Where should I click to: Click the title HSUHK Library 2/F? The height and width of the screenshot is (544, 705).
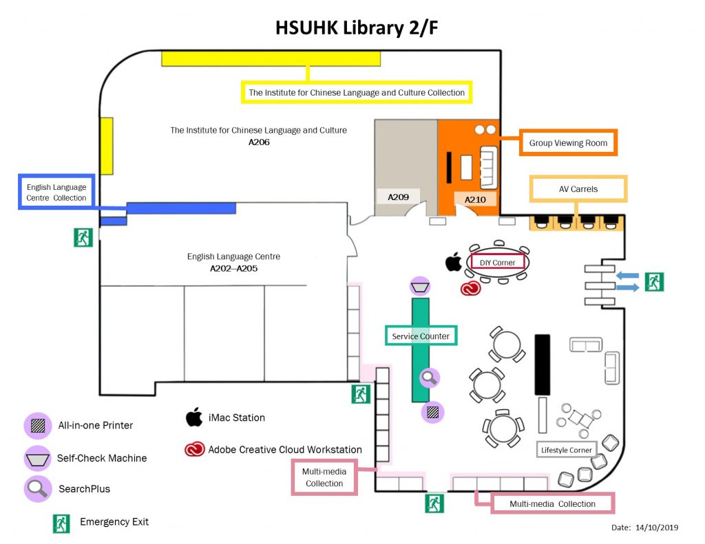[352, 28]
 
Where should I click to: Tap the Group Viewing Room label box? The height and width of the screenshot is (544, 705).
[568, 143]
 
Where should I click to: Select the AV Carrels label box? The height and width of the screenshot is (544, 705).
[578, 189]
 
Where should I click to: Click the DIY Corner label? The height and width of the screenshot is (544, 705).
[498, 262]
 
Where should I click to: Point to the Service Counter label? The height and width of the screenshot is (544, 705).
[421, 336]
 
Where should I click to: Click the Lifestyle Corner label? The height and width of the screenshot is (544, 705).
[565, 450]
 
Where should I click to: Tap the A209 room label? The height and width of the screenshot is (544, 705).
[398, 197]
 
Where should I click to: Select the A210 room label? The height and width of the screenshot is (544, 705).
[475, 199]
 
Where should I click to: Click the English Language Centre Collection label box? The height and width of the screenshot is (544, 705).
[56, 193]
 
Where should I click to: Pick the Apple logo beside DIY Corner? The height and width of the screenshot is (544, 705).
[453, 262]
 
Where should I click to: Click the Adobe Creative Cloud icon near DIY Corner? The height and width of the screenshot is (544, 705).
[470, 287]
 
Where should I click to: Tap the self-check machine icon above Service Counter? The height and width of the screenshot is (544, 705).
[420, 285]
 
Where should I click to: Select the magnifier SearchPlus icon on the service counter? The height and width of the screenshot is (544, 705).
[430, 377]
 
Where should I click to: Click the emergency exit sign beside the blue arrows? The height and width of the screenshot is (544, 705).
[654, 281]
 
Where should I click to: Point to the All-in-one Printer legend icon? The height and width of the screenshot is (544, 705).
[36, 425]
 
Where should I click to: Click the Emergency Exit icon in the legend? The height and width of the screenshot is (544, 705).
[62, 523]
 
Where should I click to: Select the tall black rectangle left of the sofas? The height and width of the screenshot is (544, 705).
[543, 365]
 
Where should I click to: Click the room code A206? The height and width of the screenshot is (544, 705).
[259, 143]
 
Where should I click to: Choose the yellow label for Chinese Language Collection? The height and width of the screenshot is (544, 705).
[357, 92]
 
